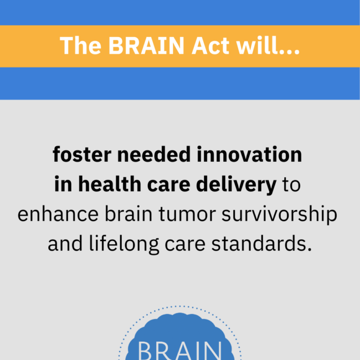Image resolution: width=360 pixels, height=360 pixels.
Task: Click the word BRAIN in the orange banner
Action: (138, 46)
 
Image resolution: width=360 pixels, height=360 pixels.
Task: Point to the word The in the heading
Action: (81, 46)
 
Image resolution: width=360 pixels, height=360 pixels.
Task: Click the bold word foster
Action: (82, 156)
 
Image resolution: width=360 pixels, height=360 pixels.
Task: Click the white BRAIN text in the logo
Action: (180, 350)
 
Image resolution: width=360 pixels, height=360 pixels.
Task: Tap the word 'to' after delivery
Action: (291, 186)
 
